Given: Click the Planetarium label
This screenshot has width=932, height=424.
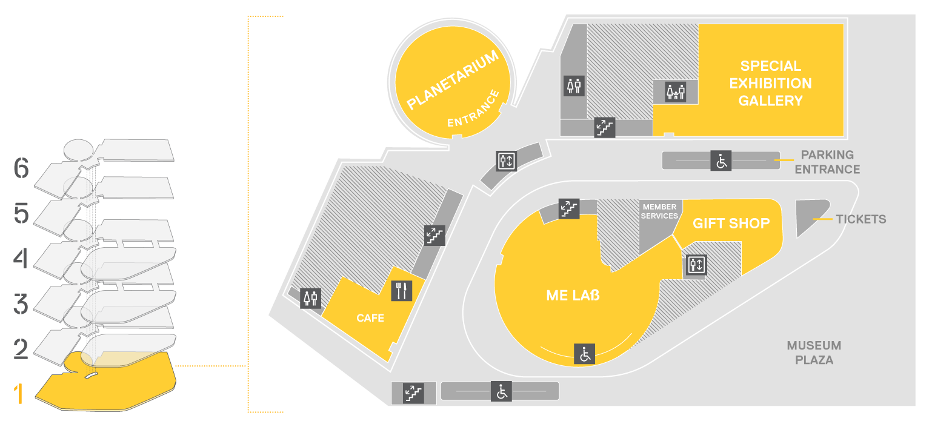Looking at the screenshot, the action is point(453,80).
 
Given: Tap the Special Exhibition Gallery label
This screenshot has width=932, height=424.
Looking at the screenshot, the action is point(771,83).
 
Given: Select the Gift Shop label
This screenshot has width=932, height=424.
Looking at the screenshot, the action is point(731,224).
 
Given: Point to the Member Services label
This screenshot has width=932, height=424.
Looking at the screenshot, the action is point(659,211).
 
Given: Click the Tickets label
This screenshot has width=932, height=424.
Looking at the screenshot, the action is point(861,219).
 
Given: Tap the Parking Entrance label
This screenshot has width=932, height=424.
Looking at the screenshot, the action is point(827,162).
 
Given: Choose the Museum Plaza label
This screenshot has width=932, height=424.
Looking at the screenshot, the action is point(814,353).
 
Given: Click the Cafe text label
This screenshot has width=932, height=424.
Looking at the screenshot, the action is point(370,318).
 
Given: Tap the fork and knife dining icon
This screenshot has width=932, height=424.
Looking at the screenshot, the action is point(402,291).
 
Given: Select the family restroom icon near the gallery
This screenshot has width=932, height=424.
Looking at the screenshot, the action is point(675,91).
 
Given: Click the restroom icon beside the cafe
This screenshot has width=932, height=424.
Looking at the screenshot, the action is point(310,299).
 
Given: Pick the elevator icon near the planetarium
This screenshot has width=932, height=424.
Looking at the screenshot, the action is point(507,161).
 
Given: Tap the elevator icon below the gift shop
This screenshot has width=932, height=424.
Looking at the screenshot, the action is point(696,265).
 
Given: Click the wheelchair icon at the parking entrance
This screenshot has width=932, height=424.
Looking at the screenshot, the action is point(721,161).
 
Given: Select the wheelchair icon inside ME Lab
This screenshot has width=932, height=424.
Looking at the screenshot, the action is point(584,354).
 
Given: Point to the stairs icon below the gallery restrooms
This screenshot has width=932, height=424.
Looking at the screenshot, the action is point(605,127).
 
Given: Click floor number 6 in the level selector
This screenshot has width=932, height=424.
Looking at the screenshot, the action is point(21,168).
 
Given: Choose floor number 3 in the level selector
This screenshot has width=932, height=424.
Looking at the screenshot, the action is point(21,304).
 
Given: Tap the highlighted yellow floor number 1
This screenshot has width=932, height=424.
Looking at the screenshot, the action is point(18,394).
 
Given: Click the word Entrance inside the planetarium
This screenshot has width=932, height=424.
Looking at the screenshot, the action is point(473,108).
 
